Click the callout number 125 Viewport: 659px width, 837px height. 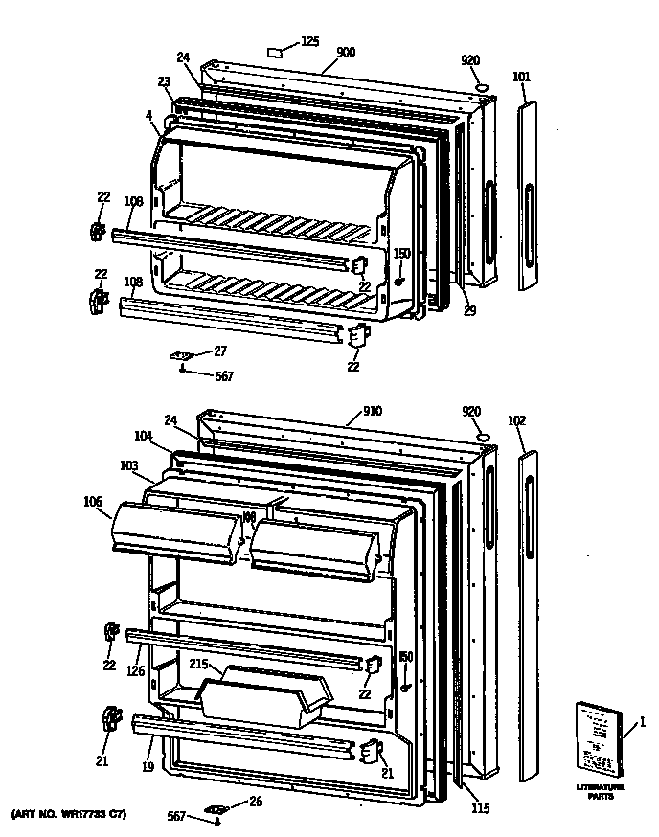click(310, 41)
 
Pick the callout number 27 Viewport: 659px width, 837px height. click(220, 351)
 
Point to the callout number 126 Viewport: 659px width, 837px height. click(135, 670)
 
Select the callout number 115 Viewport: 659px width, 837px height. click(480, 809)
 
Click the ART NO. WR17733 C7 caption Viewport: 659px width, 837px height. click(68, 814)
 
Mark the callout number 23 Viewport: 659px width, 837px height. click(163, 81)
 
